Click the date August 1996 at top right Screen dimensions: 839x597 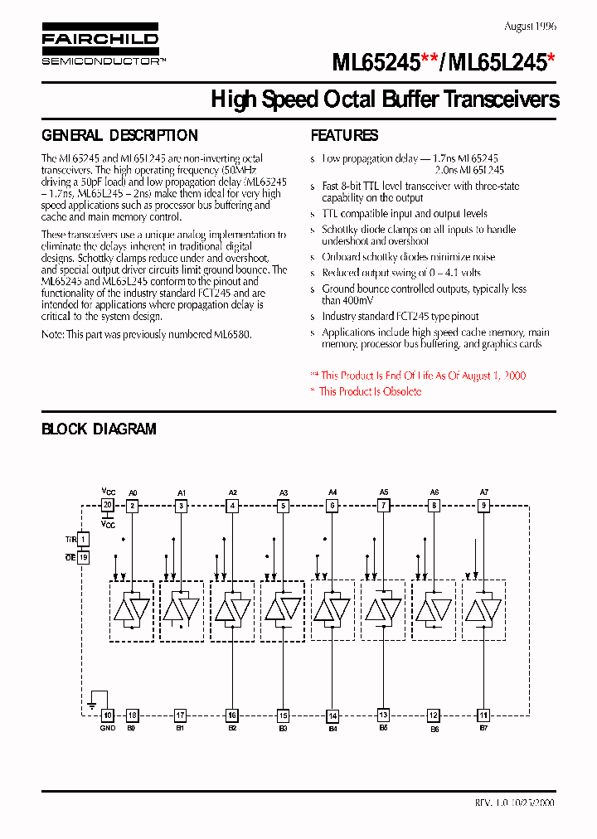pyautogui.click(x=529, y=27)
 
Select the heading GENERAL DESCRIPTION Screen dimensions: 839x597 pyautogui.click(x=119, y=135)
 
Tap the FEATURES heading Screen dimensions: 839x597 pyautogui.click(x=344, y=135)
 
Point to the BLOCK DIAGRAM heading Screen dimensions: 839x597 pyautogui.click(x=99, y=429)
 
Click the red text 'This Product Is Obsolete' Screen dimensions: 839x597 pyautogui.click(x=370, y=391)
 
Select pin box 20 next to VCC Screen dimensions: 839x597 pyautogui.click(x=108, y=505)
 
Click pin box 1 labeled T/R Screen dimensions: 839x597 pyautogui.click(x=83, y=539)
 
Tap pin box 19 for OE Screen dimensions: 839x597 pyautogui.click(x=83, y=558)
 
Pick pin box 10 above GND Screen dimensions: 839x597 pyautogui.click(x=108, y=715)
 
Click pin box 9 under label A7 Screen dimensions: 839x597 pyautogui.click(x=484, y=505)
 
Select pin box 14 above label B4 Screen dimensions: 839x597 pyautogui.click(x=332, y=715)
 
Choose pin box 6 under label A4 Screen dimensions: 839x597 pyautogui.click(x=332, y=505)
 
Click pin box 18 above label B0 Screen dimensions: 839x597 pyautogui.click(x=132, y=715)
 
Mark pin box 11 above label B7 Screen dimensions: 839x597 pyautogui.click(x=484, y=715)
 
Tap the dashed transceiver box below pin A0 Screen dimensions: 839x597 pyautogui.click(x=132, y=610)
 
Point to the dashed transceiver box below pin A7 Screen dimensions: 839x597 pyautogui.click(x=484, y=610)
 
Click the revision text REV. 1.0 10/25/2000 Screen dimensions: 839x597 pyautogui.click(x=514, y=803)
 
